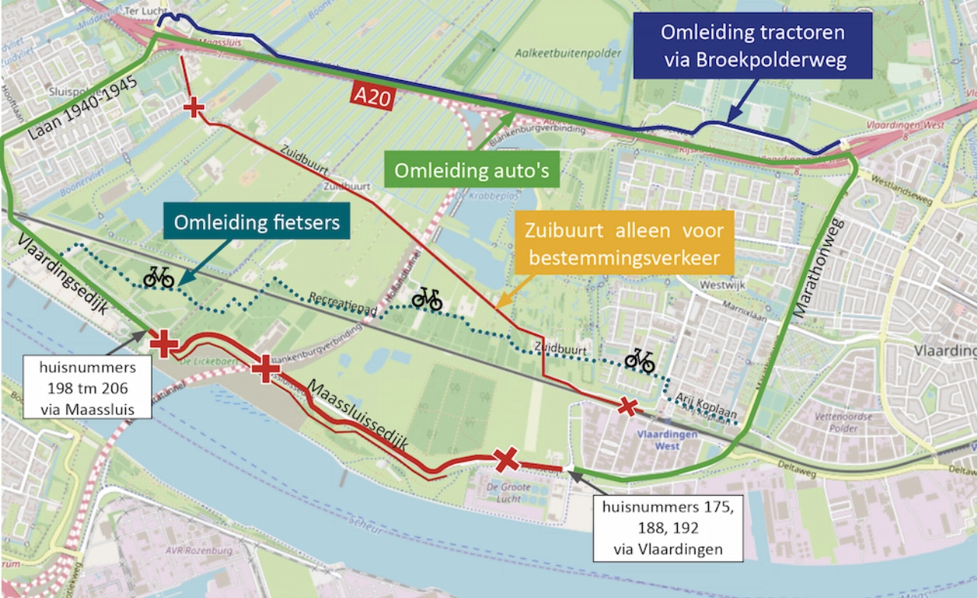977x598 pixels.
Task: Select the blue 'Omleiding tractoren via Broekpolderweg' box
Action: pyautogui.click(x=753, y=46)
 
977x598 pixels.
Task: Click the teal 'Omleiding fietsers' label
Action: pyautogui.click(x=255, y=223)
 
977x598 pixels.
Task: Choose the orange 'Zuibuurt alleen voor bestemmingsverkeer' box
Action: pyautogui.click(x=623, y=244)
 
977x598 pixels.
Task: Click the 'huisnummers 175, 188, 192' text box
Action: pyautogui.click(x=668, y=527)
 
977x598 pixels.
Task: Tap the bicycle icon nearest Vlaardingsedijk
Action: pyautogui.click(x=159, y=278)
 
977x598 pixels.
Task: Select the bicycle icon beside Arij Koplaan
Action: pyautogui.click(x=640, y=360)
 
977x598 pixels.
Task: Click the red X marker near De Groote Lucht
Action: pyautogui.click(x=506, y=460)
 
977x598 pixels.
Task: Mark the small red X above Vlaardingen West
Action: pyautogui.click(x=627, y=407)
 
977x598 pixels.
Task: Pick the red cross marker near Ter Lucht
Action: pyautogui.click(x=194, y=108)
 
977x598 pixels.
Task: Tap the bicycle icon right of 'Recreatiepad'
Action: pyautogui.click(x=427, y=299)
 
